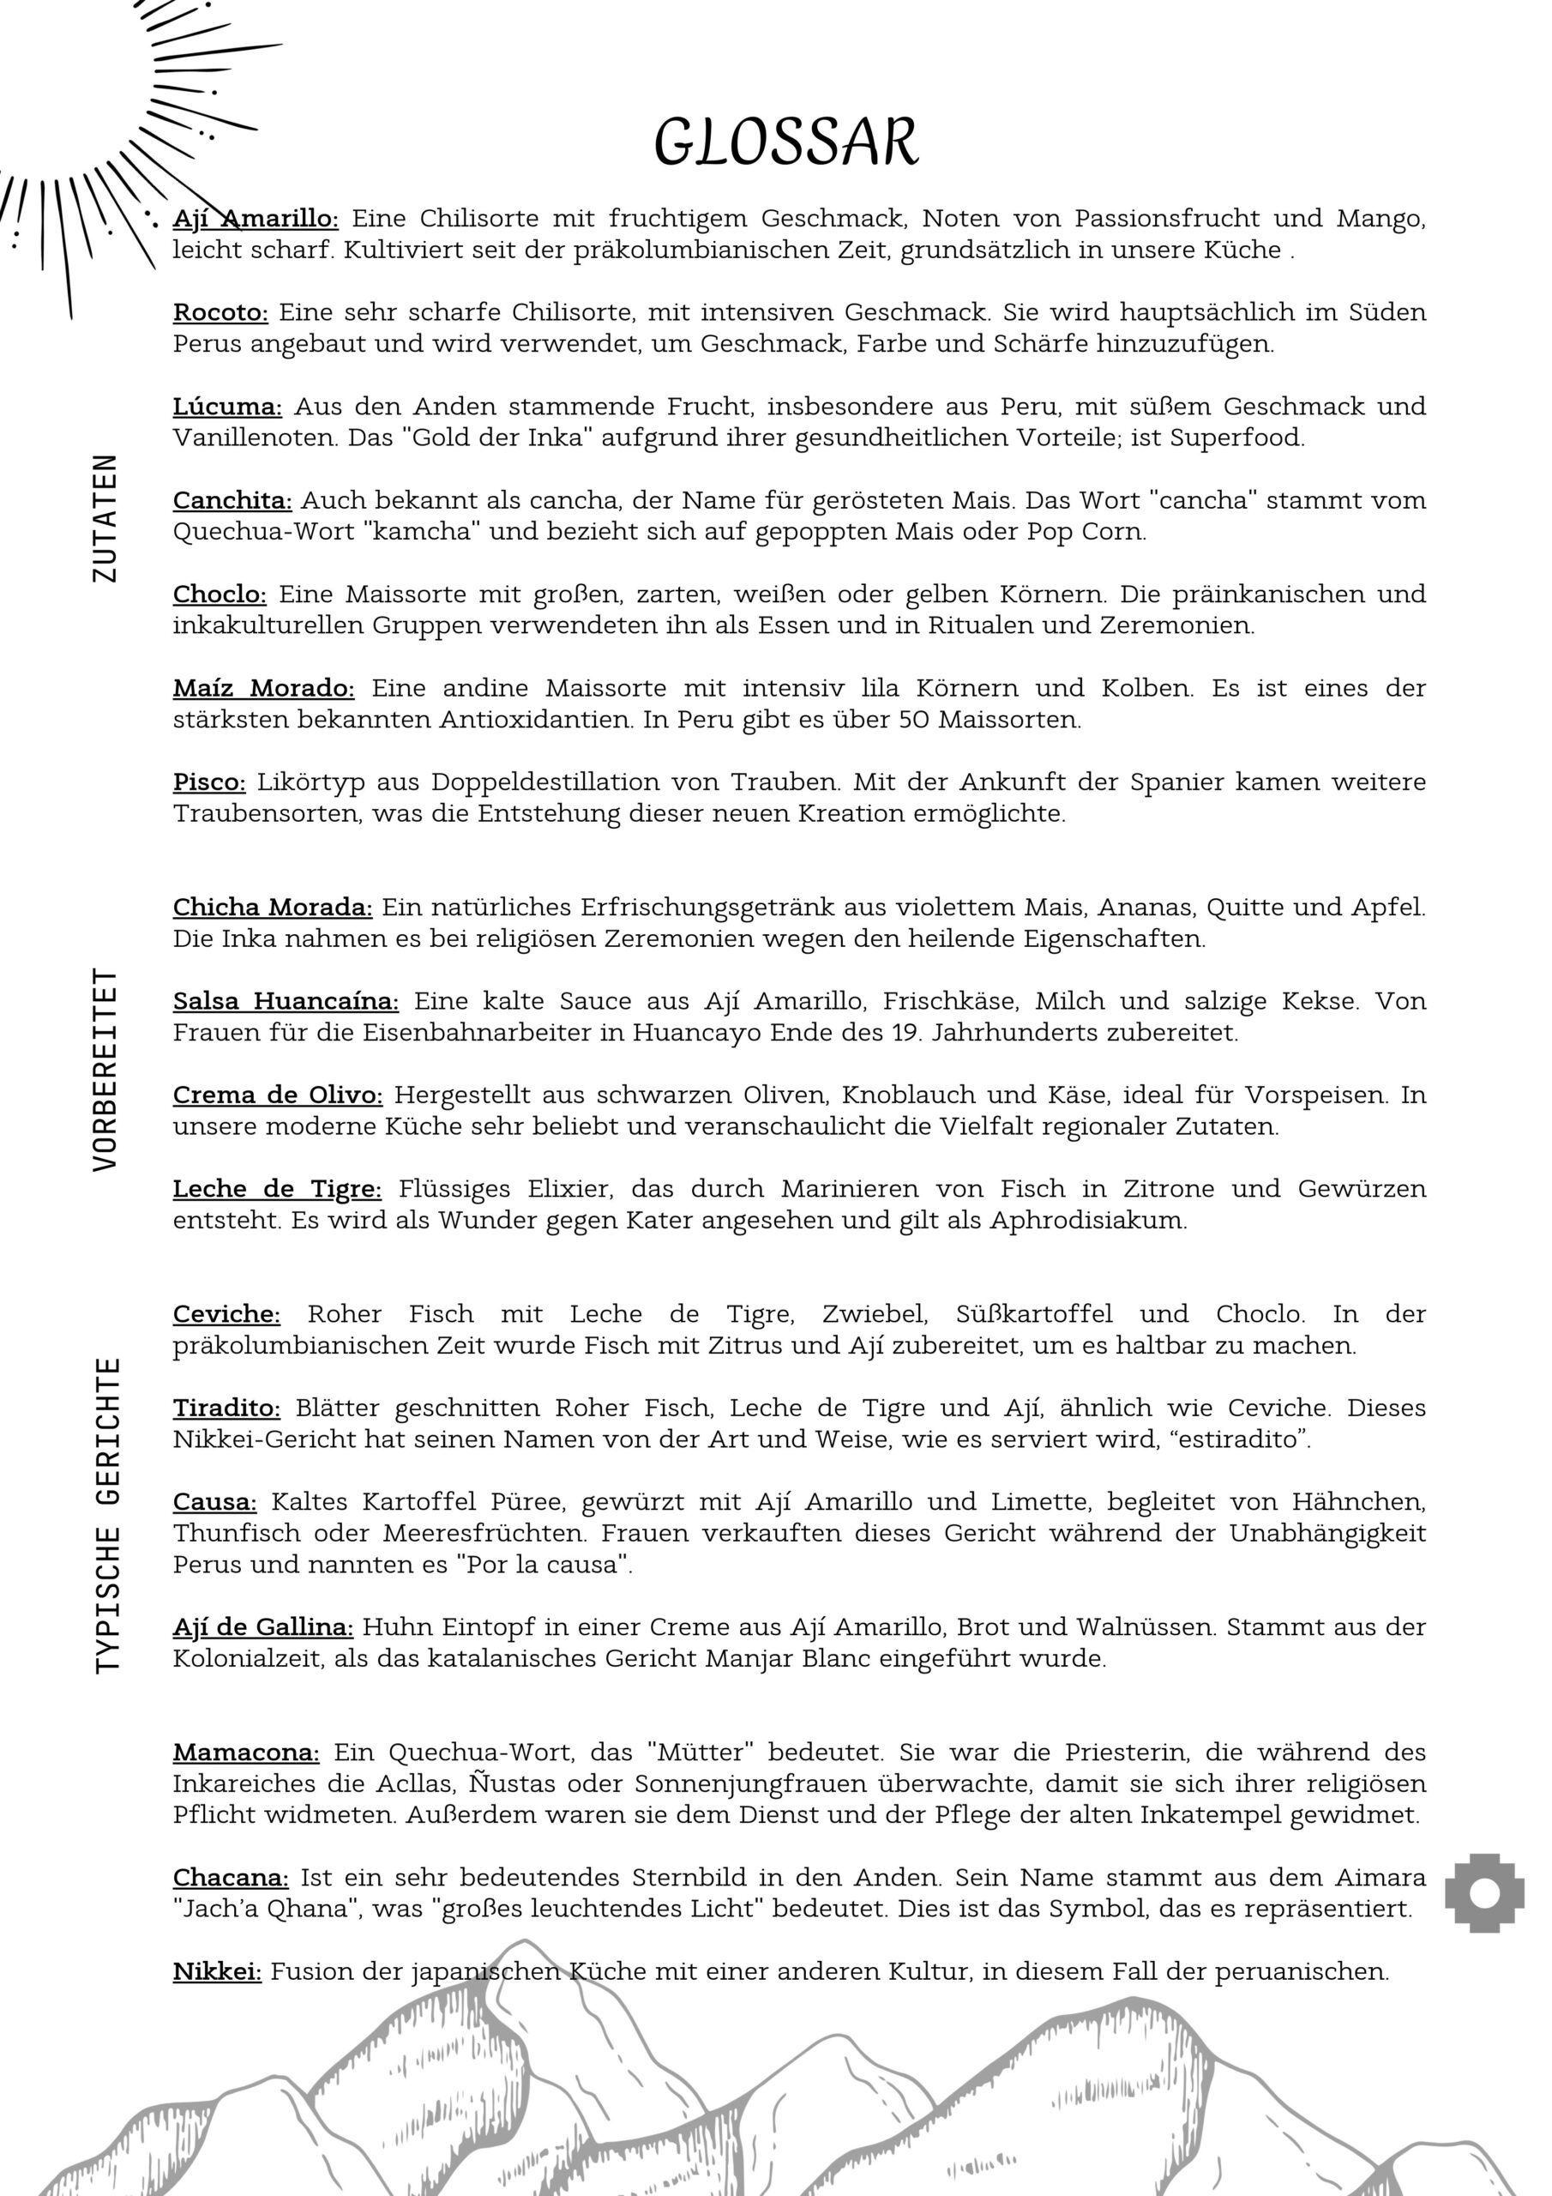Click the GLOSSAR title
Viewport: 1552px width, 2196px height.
click(786, 142)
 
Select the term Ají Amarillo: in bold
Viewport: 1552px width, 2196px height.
click(256, 218)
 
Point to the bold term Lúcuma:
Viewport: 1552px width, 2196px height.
click(226, 407)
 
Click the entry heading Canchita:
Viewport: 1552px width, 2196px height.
click(232, 500)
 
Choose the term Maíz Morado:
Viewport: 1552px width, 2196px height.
click(263, 688)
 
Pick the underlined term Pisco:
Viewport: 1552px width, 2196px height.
click(209, 781)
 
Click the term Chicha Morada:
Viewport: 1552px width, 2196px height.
click(273, 907)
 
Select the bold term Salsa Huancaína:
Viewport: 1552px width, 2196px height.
click(286, 1000)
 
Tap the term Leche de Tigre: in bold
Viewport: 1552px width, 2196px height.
click(277, 1189)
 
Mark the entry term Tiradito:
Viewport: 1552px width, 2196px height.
click(226, 1408)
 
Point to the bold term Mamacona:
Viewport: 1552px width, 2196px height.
click(246, 1753)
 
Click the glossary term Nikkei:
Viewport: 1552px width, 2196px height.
click(217, 1971)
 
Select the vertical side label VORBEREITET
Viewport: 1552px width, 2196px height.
click(105, 1068)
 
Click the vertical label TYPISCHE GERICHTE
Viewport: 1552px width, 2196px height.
click(108, 1515)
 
